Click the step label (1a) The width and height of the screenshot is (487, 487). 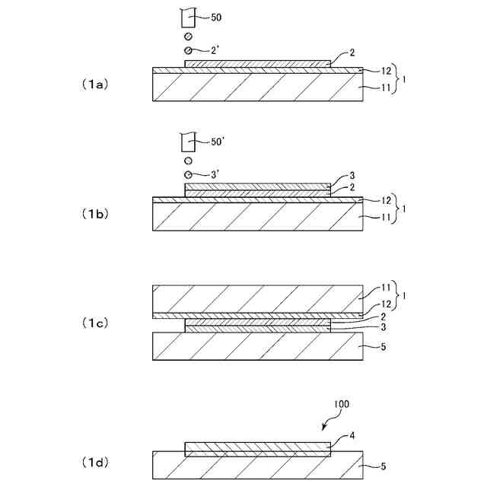[x=96, y=84]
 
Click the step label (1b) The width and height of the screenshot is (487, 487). [x=96, y=215]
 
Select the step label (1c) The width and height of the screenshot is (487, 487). [x=96, y=323]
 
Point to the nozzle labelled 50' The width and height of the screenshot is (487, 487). [x=186, y=142]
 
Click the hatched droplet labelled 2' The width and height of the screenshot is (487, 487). [x=188, y=50]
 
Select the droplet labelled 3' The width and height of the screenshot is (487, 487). [x=188, y=174]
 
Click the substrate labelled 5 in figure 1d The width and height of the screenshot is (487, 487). [x=258, y=465]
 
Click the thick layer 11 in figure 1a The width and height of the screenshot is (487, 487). [x=258, y=88]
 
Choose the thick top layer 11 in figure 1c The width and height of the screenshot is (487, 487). [x=258, y=298]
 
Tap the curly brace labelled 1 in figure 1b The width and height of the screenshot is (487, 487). [x=398, y=207]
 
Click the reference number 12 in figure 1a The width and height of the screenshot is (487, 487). [x=386, y=71]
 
